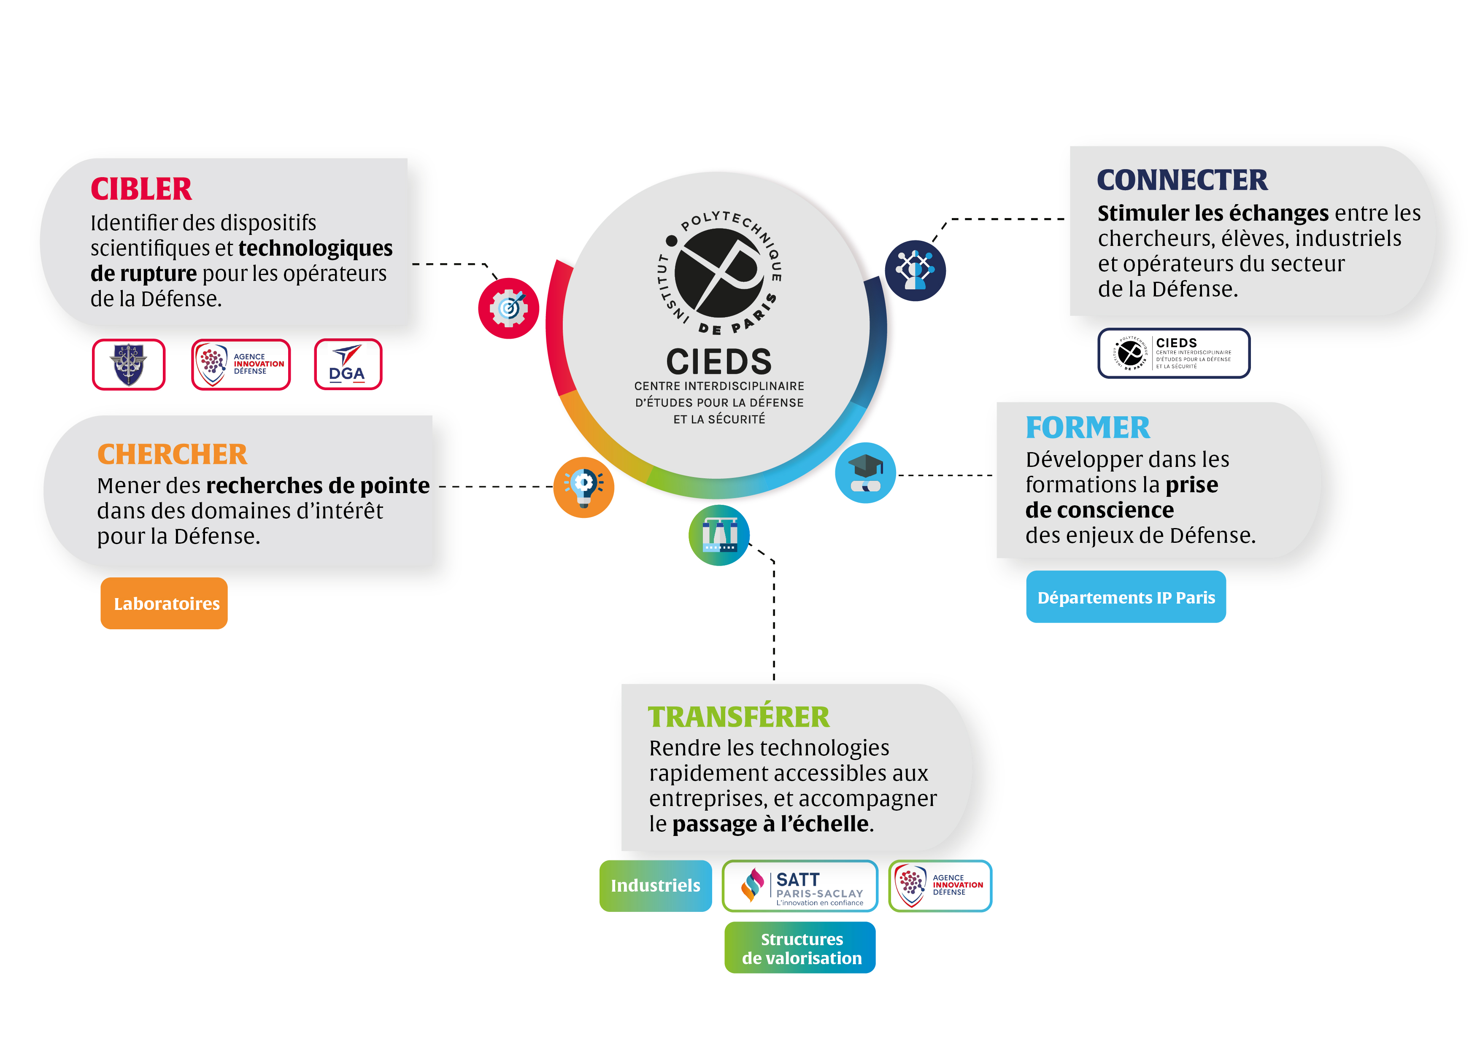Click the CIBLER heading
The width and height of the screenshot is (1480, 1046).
pyautogui.click(x=141, y=189)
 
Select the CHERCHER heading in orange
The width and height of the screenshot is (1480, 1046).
pyautogui.click(x=172, y=454)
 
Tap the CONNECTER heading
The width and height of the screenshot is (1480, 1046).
pyautogui.click(x=1182, y=181)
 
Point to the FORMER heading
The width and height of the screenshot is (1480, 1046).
pyautogui.click(x=1088, y=428)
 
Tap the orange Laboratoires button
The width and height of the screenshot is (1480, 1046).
pyautogui.click(x=165, y=603)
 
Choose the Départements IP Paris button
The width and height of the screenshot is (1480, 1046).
pyautogui.click(x=1126, y=597)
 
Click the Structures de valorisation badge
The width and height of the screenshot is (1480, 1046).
pyautogui.click(x=800, y=947)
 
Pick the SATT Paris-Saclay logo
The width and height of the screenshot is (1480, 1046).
pyautogui.click(x=800, y=886)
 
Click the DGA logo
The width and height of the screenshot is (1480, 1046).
pyautogui.click(x=348, y=364)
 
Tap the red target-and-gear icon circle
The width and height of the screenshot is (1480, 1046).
pyautogui.click(x=508, y=308)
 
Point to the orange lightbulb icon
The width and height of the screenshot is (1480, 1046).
pyautogui.click(x=584, y=487)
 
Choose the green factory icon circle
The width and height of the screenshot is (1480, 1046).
pyautogui.click(x=719, y=535)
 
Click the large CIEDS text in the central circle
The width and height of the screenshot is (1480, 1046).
pyautogui.click(x=719, y=361)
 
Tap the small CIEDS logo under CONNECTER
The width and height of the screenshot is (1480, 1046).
pyautogui.click(x=1174, y=353)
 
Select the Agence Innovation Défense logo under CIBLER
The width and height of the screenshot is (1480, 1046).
pyautogui.click(x=241, y=364)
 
